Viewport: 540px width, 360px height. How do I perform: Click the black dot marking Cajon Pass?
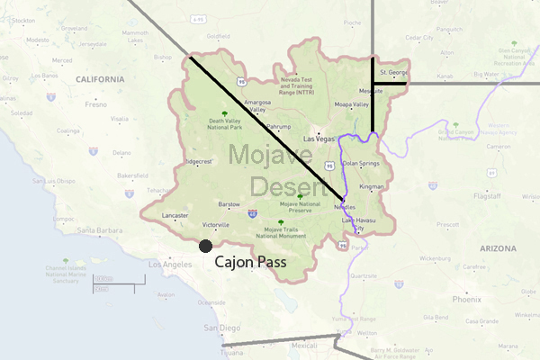click(205, 246)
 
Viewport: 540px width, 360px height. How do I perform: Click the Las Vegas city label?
click(319, 139)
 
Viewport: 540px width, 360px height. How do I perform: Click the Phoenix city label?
click(467, 299)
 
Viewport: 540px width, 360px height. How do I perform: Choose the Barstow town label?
click(229, 204)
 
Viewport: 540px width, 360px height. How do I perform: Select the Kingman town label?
click(371, 186)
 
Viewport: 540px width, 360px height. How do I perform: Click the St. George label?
click(393, 71)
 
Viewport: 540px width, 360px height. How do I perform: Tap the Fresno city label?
click(96, 104)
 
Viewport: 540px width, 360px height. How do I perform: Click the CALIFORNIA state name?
click(100, 79)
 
